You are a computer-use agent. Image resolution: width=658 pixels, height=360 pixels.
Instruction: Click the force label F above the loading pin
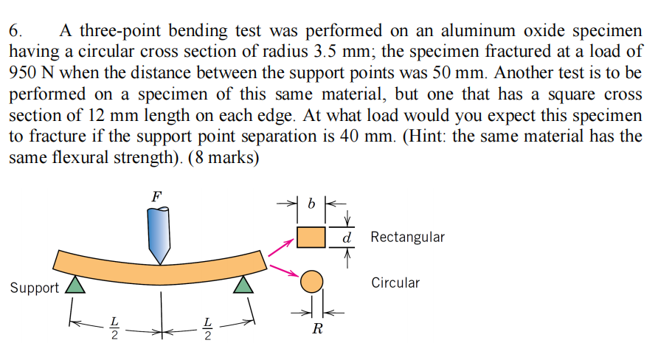156,196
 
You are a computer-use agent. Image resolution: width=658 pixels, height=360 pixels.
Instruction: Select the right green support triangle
243,285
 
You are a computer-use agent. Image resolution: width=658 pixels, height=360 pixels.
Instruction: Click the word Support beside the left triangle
35,288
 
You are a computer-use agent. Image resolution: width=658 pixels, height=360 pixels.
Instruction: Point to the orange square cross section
311,238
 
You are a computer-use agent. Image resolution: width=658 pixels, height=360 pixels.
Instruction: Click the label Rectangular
408,238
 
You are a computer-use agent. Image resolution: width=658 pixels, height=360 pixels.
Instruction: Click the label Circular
395,283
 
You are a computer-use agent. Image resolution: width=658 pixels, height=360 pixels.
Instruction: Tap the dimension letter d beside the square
346,238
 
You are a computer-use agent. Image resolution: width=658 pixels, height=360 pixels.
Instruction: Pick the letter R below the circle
316,329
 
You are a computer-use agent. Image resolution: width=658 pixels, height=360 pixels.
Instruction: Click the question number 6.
15,32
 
